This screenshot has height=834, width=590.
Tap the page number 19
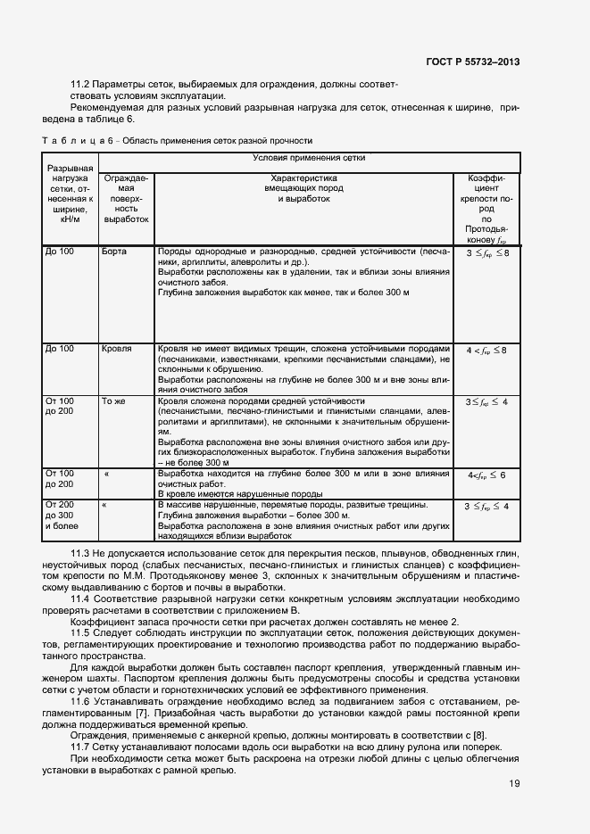(x=515, y=784)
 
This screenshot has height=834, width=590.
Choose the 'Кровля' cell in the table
(x=117, y=348)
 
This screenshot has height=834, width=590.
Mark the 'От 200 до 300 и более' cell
(x=61, y=516)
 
